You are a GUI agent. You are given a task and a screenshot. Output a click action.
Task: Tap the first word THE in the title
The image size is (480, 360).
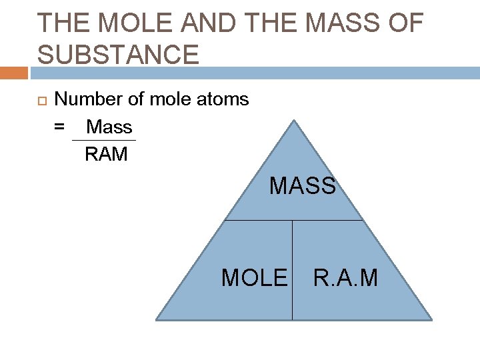coord(61,23)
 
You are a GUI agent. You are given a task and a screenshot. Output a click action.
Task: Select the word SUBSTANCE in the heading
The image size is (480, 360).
coord(118,54)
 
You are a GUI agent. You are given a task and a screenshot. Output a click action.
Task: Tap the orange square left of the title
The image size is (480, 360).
coord(13,73)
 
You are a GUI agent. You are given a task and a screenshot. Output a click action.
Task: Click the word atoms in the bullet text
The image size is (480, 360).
coord(222,100)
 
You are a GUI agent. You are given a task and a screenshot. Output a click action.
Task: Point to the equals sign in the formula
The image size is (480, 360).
coord(59,127)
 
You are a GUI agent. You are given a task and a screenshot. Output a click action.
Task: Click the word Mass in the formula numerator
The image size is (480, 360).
coord(109,127)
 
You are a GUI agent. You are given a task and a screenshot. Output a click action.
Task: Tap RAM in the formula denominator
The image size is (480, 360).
coord(106,155)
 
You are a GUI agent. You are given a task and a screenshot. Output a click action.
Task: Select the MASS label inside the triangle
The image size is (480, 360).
coord(303,186)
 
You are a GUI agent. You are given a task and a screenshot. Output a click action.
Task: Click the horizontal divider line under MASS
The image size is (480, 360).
coord(293,220)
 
